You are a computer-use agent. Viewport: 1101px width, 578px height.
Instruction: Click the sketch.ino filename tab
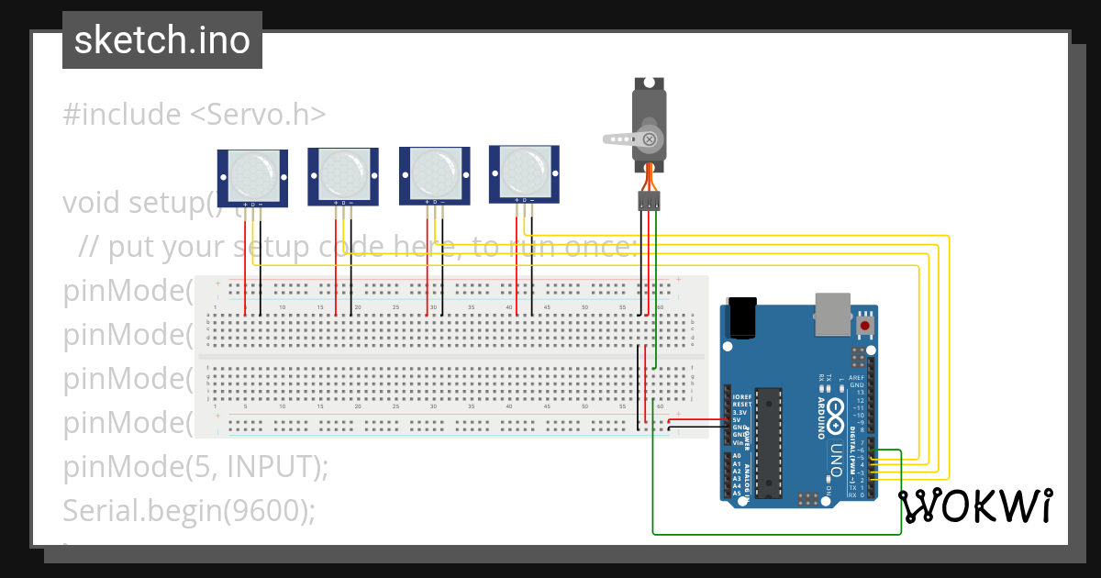162,40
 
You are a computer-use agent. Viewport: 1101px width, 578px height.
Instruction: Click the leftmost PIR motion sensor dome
251,173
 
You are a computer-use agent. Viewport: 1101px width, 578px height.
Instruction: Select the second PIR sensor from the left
342,172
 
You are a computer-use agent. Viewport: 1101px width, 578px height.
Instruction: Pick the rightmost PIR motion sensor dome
524,170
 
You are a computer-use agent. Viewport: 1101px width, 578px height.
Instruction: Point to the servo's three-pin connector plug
649,201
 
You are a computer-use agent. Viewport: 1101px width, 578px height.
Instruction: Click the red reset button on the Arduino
864,326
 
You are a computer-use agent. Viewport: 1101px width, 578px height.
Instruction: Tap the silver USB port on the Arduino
833,314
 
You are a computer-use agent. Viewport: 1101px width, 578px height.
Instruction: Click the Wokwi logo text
974,506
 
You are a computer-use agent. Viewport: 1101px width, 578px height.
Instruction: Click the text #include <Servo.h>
195,115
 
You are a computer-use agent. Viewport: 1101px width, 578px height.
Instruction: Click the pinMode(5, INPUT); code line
195,466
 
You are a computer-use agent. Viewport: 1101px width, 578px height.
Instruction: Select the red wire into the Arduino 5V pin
697,421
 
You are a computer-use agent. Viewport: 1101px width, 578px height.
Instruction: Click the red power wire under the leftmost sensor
245,266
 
